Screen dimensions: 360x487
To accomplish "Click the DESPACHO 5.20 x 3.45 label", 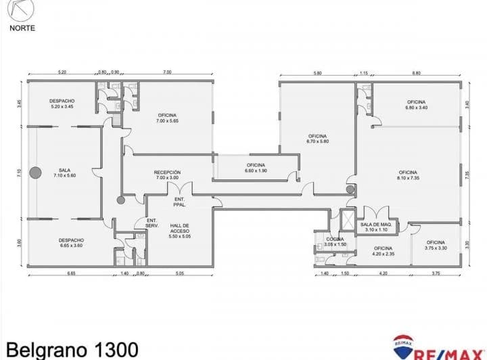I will [x=62, y=104].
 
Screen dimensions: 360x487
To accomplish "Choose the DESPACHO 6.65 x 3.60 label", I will [x=70, y=243].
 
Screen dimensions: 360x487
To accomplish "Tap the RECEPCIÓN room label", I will [x=167, y=175].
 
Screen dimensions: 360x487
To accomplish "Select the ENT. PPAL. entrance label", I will [x=180, y=201].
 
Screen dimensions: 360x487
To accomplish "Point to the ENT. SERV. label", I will [x=152, y=223].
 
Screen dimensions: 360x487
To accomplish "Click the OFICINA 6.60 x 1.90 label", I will [x=256, y=168].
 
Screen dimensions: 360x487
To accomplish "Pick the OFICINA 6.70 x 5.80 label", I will [x=317, y=139].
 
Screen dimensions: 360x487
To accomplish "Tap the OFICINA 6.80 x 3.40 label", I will [x=416, y=104].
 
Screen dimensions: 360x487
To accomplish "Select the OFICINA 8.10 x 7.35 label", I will [x=407, y=175].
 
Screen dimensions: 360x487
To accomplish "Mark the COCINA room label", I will [x=335, y=242].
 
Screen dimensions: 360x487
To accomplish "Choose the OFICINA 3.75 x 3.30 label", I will [x=435, y=245].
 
